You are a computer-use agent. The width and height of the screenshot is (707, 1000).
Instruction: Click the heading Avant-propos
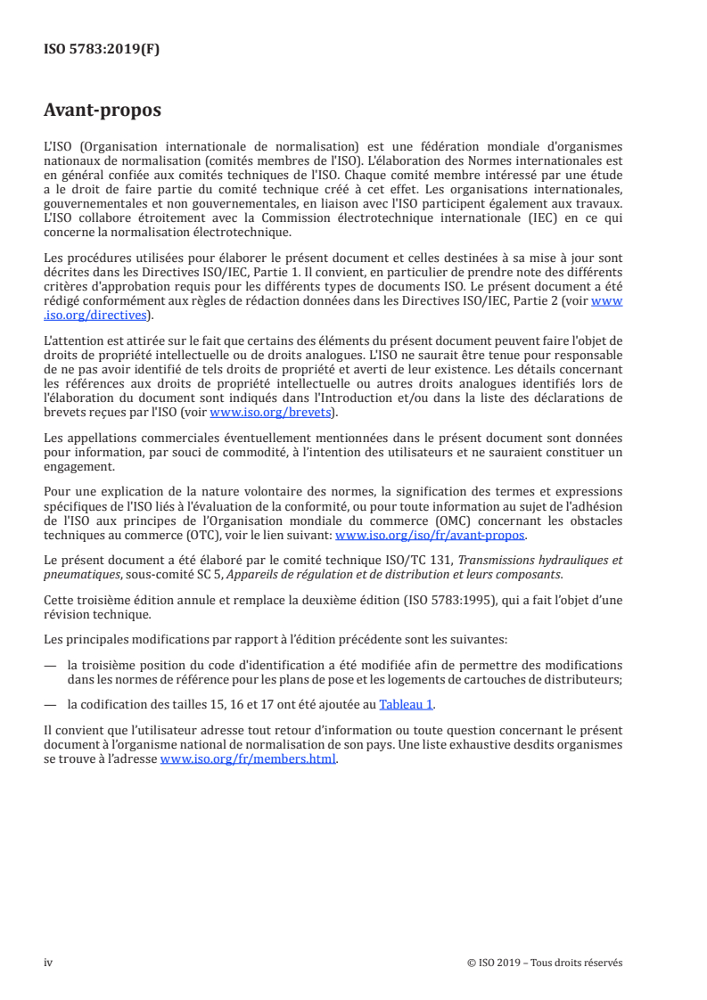[x=103, y=111]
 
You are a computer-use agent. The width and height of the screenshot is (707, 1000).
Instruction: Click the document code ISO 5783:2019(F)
[x=102, y=50]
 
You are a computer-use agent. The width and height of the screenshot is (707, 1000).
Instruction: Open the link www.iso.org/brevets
[x=269, y=413]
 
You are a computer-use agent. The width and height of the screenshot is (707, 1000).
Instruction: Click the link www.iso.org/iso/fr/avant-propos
[x=430, y=536]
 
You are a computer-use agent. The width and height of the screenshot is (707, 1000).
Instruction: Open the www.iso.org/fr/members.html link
[x=249, y=759]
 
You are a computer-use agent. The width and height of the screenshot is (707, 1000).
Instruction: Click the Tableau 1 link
[x=406, y=703]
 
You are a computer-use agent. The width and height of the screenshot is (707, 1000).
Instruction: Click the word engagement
[x=79, y=466]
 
